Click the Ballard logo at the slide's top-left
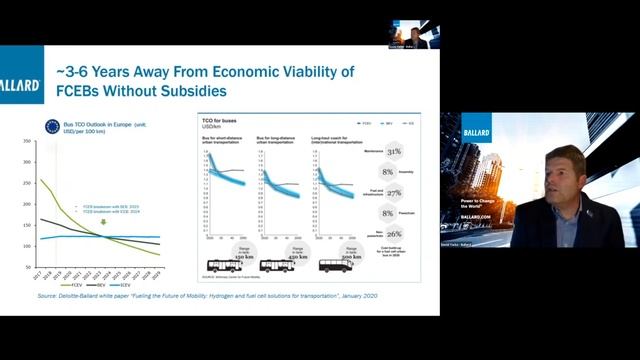(x=19, y=86)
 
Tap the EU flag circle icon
(x=52, y=126)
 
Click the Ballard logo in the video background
(x=476, y=131)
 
